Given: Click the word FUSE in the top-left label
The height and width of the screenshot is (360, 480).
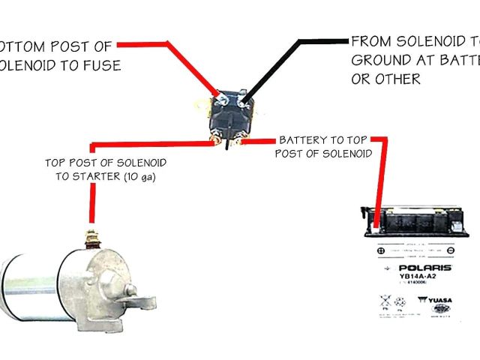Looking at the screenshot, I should pos(103,65).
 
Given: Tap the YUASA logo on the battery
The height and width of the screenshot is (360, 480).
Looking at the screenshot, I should pos(436,301).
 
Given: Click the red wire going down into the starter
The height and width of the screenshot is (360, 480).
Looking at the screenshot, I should pos(93,202).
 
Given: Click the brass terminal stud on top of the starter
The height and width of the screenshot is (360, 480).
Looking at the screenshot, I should pos(93,238).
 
